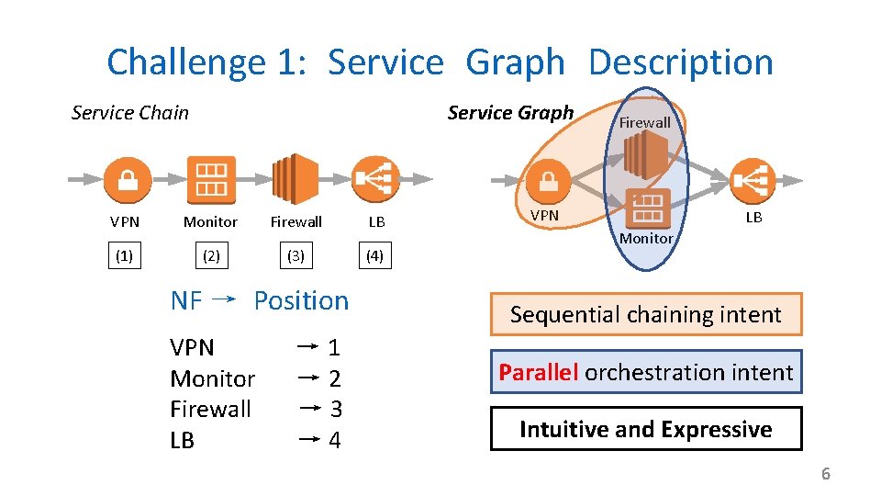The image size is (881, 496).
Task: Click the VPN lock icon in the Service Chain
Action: click(x=127, y=179)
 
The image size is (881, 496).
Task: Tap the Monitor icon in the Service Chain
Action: click(x=210, y=179)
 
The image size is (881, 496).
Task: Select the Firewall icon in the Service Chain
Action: click(x=296, y=179)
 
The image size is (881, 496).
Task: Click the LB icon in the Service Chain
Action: click(x=374, y=179)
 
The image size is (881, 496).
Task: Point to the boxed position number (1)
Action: click(x=124, y=256)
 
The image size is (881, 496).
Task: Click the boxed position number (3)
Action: click(x=296, y=256)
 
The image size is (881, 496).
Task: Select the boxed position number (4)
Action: click(x=374, y=256)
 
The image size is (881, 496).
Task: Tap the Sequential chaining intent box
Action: click(x=645, y=314)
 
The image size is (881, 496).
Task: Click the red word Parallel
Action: click(x=539, y=372)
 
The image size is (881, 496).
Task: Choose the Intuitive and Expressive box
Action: click(x=645, y=429)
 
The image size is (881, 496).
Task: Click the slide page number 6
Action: click(x=825, y=474)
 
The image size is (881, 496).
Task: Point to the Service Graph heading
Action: click(x=510, y=113)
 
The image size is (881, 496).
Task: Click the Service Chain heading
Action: click(x=130, y=113)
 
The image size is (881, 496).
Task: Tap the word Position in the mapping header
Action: click(x=301, y=300)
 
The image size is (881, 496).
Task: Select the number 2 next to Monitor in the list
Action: click(x=335, y=378)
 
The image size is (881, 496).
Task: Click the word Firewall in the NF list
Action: click(x=210, y=409)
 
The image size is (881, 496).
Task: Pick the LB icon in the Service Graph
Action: click(x=753, y=181)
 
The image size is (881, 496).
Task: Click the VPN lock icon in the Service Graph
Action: click(x=548, y=181)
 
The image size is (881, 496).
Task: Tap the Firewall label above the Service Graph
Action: click(x=644, y=122)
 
